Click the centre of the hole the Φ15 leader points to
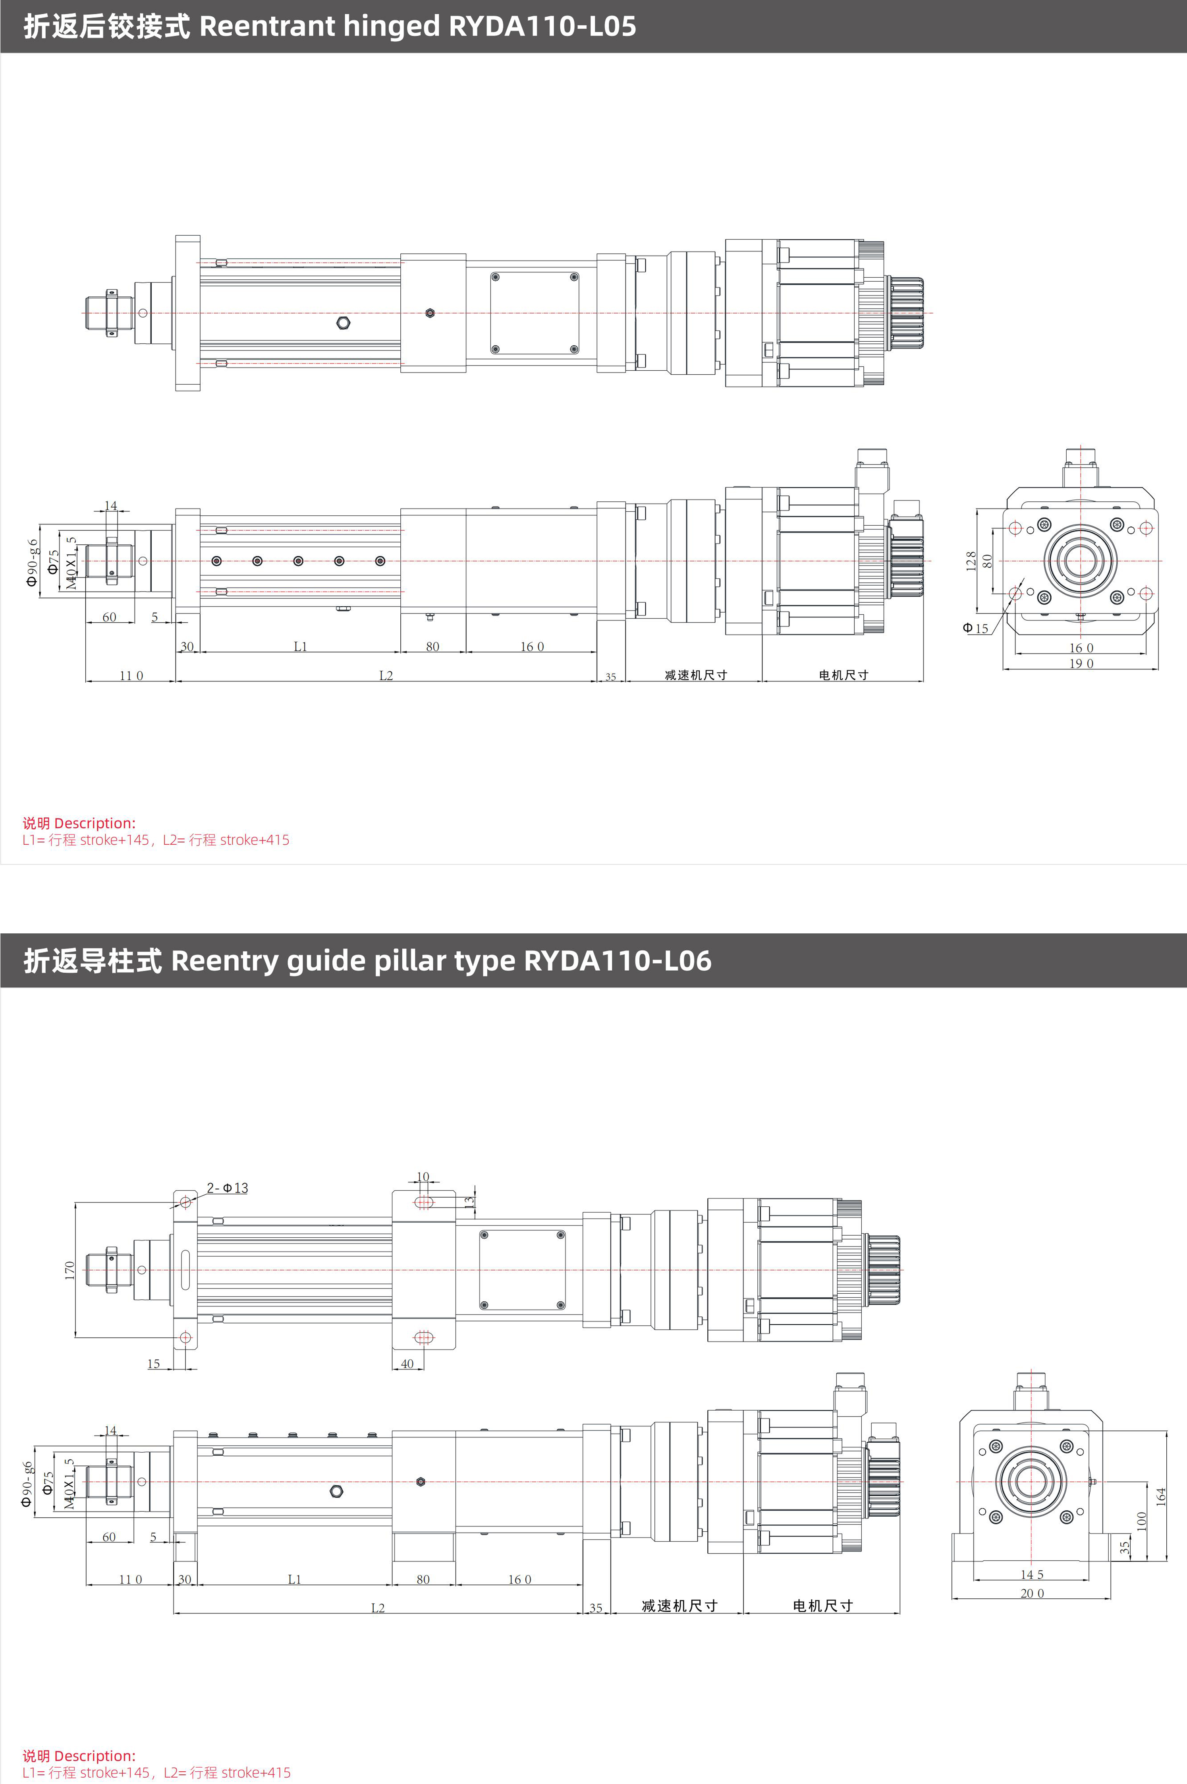tap(1015, 594)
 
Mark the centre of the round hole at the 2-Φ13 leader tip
tap(185, 1202)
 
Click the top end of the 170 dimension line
tap(76, 1202)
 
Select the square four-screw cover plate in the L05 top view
tap(535, 313)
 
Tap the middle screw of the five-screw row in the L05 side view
tap(298, 561)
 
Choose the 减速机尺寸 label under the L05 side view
tap(696, 675)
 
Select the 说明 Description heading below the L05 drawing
tap(79, 823)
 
